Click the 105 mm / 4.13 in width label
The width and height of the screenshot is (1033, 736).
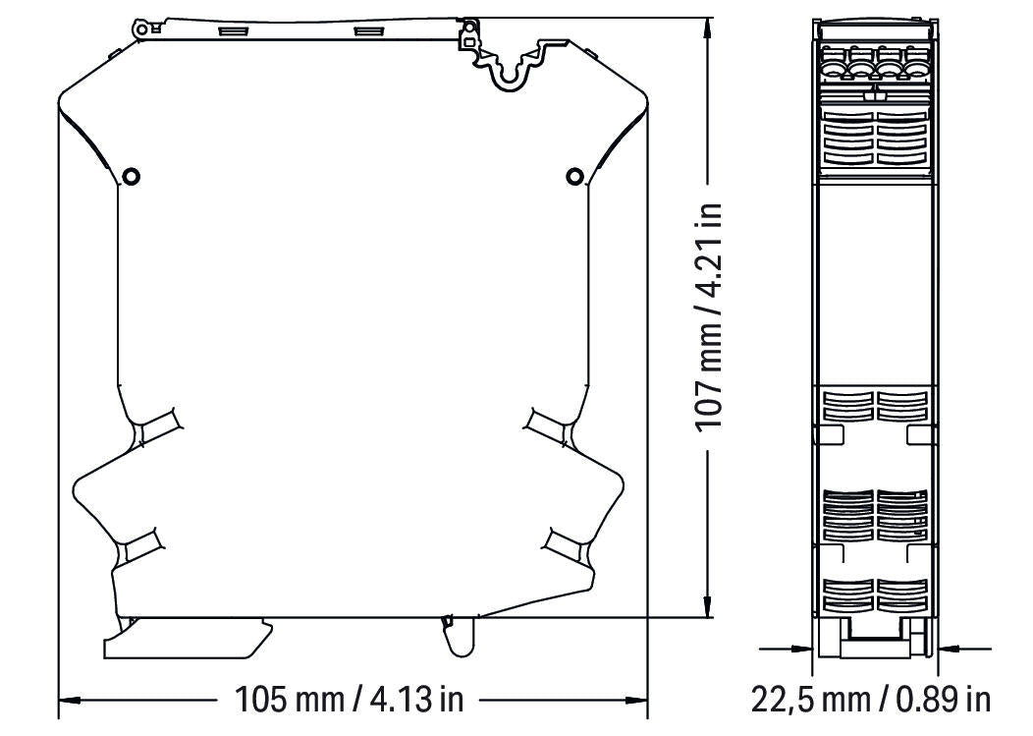pyautogui.click(x=350, y=699)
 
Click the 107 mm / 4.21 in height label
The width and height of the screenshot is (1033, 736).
pyautogui.click(x=710, y=315)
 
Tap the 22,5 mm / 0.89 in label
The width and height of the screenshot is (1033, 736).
pyautogui.click(x=871, y=699)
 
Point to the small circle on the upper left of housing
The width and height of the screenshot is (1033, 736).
pyautogui.click(x=132, y=177)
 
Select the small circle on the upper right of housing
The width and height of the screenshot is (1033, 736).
pyautogui.click(x=574, y=177)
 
